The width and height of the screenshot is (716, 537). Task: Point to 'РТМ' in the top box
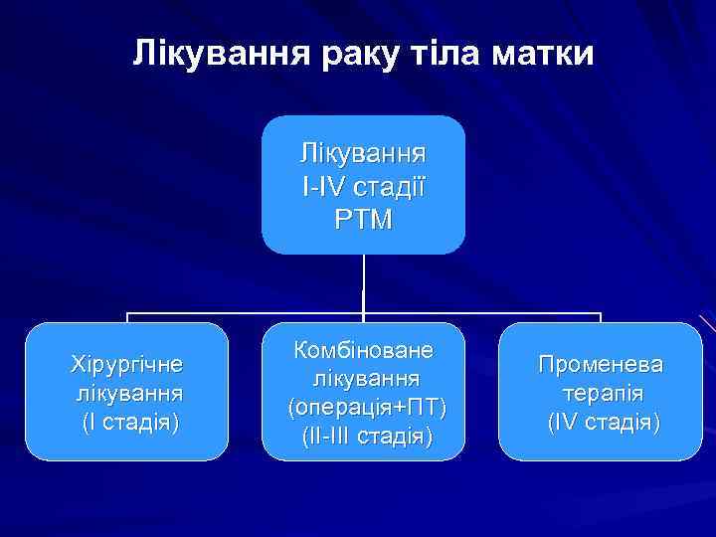363,217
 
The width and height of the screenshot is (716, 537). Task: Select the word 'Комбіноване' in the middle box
364,350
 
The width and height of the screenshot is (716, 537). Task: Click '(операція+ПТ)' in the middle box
364,407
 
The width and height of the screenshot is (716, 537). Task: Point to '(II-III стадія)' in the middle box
364,435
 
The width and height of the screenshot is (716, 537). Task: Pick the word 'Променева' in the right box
601,364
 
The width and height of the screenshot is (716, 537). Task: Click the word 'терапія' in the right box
601,393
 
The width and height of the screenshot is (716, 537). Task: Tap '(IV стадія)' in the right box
601,422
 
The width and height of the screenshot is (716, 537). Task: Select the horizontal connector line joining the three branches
249,315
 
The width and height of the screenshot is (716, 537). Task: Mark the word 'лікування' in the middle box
364,379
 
